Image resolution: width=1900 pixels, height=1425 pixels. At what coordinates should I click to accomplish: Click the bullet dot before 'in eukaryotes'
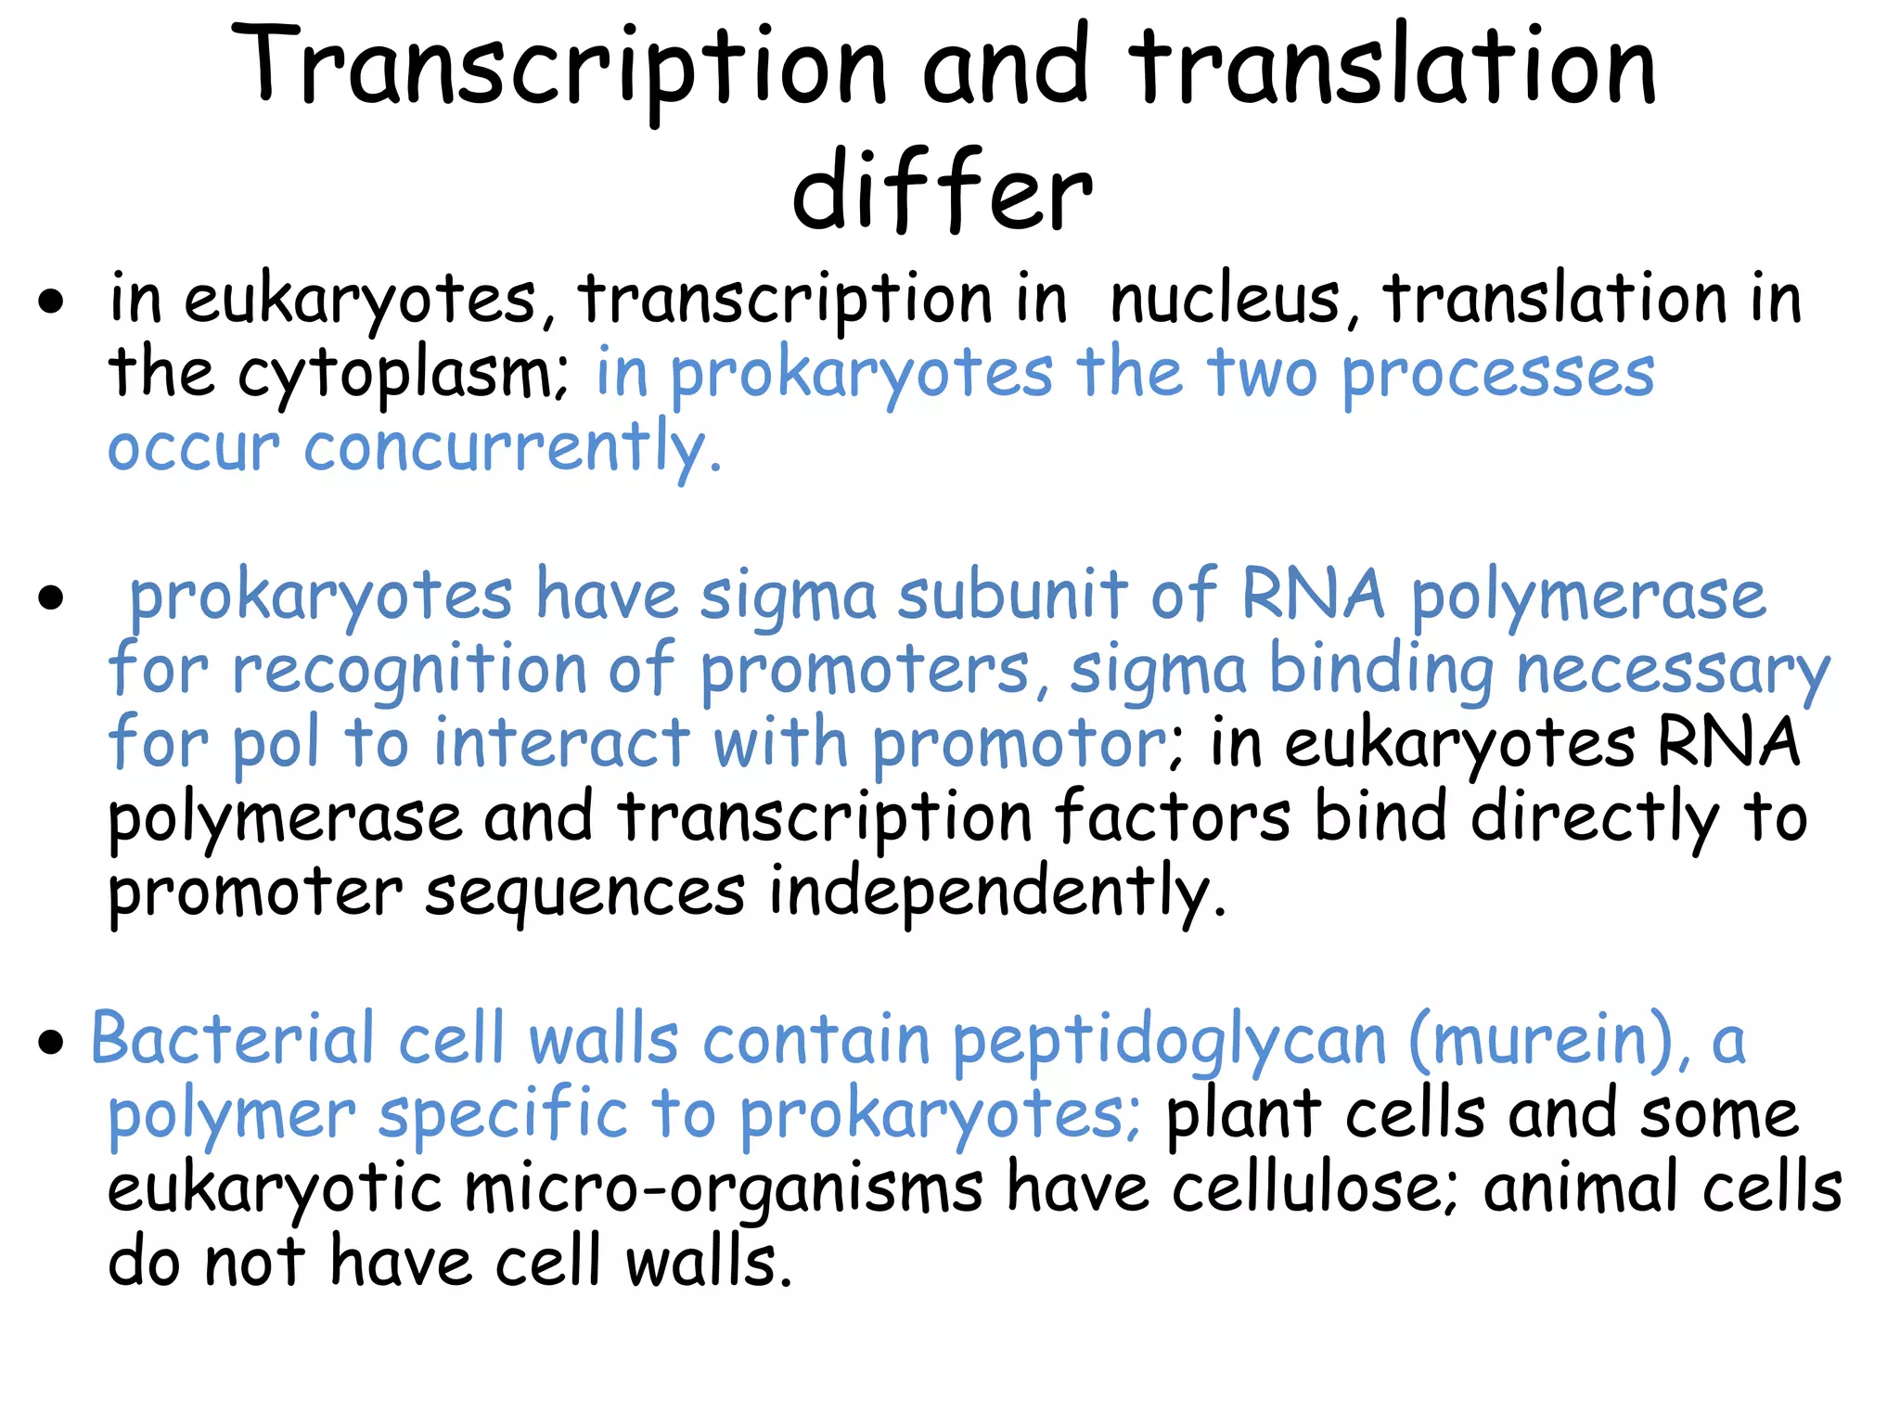coord(52,302)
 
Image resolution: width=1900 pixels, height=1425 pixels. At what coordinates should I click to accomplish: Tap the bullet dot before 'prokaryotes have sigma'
coord(52,598)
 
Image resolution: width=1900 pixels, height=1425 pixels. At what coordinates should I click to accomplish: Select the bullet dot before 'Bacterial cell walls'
coord(52,1043)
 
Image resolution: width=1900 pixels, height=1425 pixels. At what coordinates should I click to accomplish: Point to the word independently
coord(997,892)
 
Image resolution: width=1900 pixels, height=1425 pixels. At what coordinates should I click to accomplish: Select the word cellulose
coord(1315,1189)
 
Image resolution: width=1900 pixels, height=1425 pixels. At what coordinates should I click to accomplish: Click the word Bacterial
coord(232,1041)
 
